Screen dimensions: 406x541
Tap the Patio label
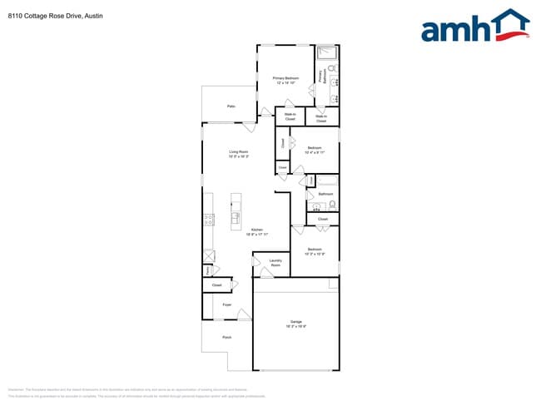231,106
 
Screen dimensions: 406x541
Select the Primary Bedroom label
285,81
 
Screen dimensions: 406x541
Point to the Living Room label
239,153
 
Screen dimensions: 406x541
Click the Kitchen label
256,232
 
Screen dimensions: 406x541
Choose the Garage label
295,323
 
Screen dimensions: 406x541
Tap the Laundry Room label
275,263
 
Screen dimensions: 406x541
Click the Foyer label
226,305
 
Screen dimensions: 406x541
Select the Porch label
226,337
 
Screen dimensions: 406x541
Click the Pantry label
206,270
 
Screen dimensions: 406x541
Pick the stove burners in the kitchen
208,220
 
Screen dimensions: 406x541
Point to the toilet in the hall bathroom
332,204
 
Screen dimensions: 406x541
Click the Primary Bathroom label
320,77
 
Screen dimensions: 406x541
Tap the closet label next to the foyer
216,285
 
